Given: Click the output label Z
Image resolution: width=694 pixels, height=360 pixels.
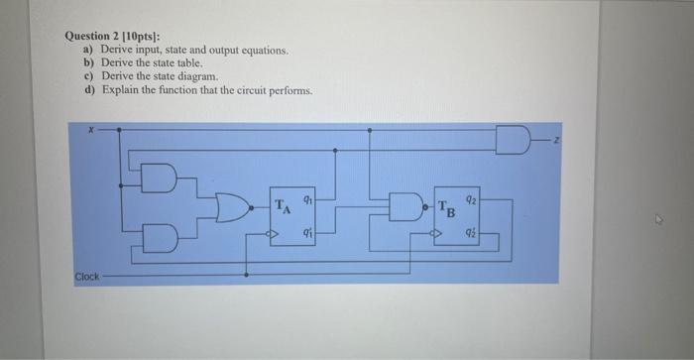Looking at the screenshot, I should point(557,141).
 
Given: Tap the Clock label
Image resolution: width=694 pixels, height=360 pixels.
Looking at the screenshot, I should point(87,276).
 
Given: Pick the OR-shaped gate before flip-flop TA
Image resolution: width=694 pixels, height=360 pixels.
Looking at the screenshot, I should point(236,207).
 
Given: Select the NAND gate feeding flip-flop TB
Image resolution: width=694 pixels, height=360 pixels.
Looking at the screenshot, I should point(405,208).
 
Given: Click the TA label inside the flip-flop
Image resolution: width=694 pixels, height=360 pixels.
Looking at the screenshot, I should point(283,208).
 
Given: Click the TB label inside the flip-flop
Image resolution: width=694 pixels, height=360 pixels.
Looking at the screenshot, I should point(447,209).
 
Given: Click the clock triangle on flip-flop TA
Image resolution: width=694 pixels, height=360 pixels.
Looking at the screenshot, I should point(275,235).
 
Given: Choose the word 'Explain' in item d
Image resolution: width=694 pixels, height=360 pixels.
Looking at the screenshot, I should point(120,89).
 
